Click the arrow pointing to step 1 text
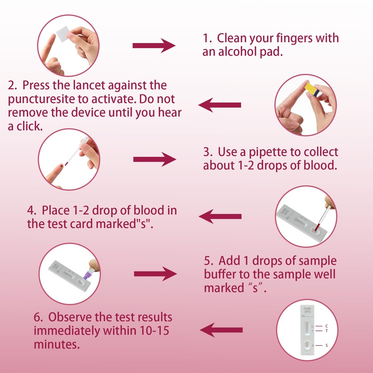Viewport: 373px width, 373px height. click(154, 46)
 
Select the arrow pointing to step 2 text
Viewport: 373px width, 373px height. click(219, 105)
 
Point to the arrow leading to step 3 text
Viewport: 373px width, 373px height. click(154, 159)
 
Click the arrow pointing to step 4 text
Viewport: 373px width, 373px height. click(220, 216)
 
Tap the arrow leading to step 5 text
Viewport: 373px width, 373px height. click(155, 274)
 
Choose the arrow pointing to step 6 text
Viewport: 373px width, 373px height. click(221, 330)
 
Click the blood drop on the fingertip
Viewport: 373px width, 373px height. click(61, 166)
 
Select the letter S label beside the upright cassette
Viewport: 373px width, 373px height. click(326, 345)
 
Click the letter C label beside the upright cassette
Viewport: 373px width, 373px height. click(326, 326)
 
